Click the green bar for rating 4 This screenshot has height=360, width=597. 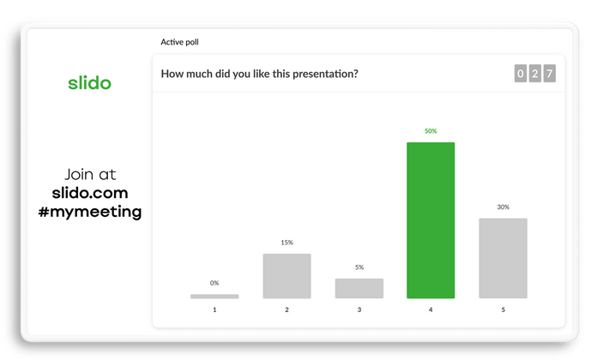pyautogui.click(x=431, y=220)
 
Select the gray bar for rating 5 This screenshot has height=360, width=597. pyautogui.click(x=503, y=258)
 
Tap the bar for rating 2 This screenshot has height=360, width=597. pyautogui.click(x=286, y=276)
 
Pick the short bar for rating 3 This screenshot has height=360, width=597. pyautogui.click(x=359, y=288)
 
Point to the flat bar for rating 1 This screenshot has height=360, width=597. pyautogui.click(x=214, y=296)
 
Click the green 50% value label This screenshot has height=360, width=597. pyautogui.click(x=431, y=131)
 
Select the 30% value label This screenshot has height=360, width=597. pyautogui.click(x=503, y=207)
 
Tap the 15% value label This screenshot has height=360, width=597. pyautogui.click(x=286, y=243)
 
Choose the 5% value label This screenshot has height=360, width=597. pyautogui.click(x=359, y=267)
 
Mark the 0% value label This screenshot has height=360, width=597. pyautogui.click(x=214, y=283)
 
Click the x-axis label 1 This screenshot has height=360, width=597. pyautogui.click(x=214, y=310)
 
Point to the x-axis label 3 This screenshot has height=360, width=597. pyautogui.click(x=359, y=310)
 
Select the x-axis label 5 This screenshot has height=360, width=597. pyautogui.click(x=503, y=310)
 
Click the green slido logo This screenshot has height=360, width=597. pyautogui.click(x=89, y=83)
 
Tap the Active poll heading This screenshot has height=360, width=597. pyautogui.click(x=180, y=42)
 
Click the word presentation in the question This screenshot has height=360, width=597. pyautogui.click(x=324, y=74)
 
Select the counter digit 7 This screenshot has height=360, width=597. pyautogui.click(x=550, y=74)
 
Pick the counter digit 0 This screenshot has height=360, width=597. pyautogui.click(x=521, y=74)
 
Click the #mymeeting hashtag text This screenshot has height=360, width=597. pyautogui.click(x=96, y=211)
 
